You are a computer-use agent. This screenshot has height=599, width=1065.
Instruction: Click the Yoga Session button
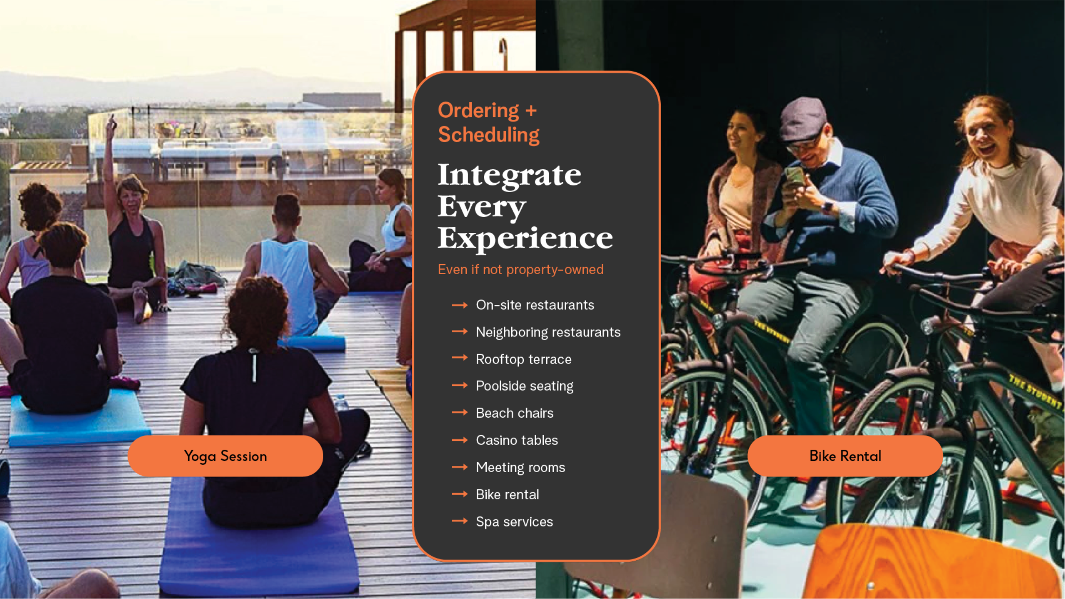pos(225,456)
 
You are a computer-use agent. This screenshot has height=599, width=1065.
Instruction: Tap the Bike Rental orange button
pos(845,456)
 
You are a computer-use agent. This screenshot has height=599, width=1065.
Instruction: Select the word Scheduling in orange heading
pos(489,135)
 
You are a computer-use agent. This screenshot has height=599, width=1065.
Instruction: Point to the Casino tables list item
pos(517,440)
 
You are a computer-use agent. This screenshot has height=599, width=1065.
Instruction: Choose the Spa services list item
pos(514,522)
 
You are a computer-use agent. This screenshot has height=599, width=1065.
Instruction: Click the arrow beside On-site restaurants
pos(460,305)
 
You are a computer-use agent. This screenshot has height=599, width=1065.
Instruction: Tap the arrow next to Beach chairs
pos(460,413)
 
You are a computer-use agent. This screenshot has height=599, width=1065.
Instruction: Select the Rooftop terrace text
pos(523,359)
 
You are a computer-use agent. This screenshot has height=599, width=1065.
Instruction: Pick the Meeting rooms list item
pos(520,468)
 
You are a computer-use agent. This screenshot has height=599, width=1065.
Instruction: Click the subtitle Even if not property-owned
pos(520,270)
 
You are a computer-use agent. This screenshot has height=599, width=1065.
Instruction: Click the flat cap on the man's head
pos(802,119)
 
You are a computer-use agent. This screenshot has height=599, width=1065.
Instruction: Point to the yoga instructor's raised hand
pos(111,125)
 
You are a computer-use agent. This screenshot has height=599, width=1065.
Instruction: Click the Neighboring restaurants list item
pos(548,332)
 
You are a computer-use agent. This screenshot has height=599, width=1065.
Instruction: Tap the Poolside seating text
pos(525,386)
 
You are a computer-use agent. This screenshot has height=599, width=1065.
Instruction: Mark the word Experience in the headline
pos(525,238)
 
